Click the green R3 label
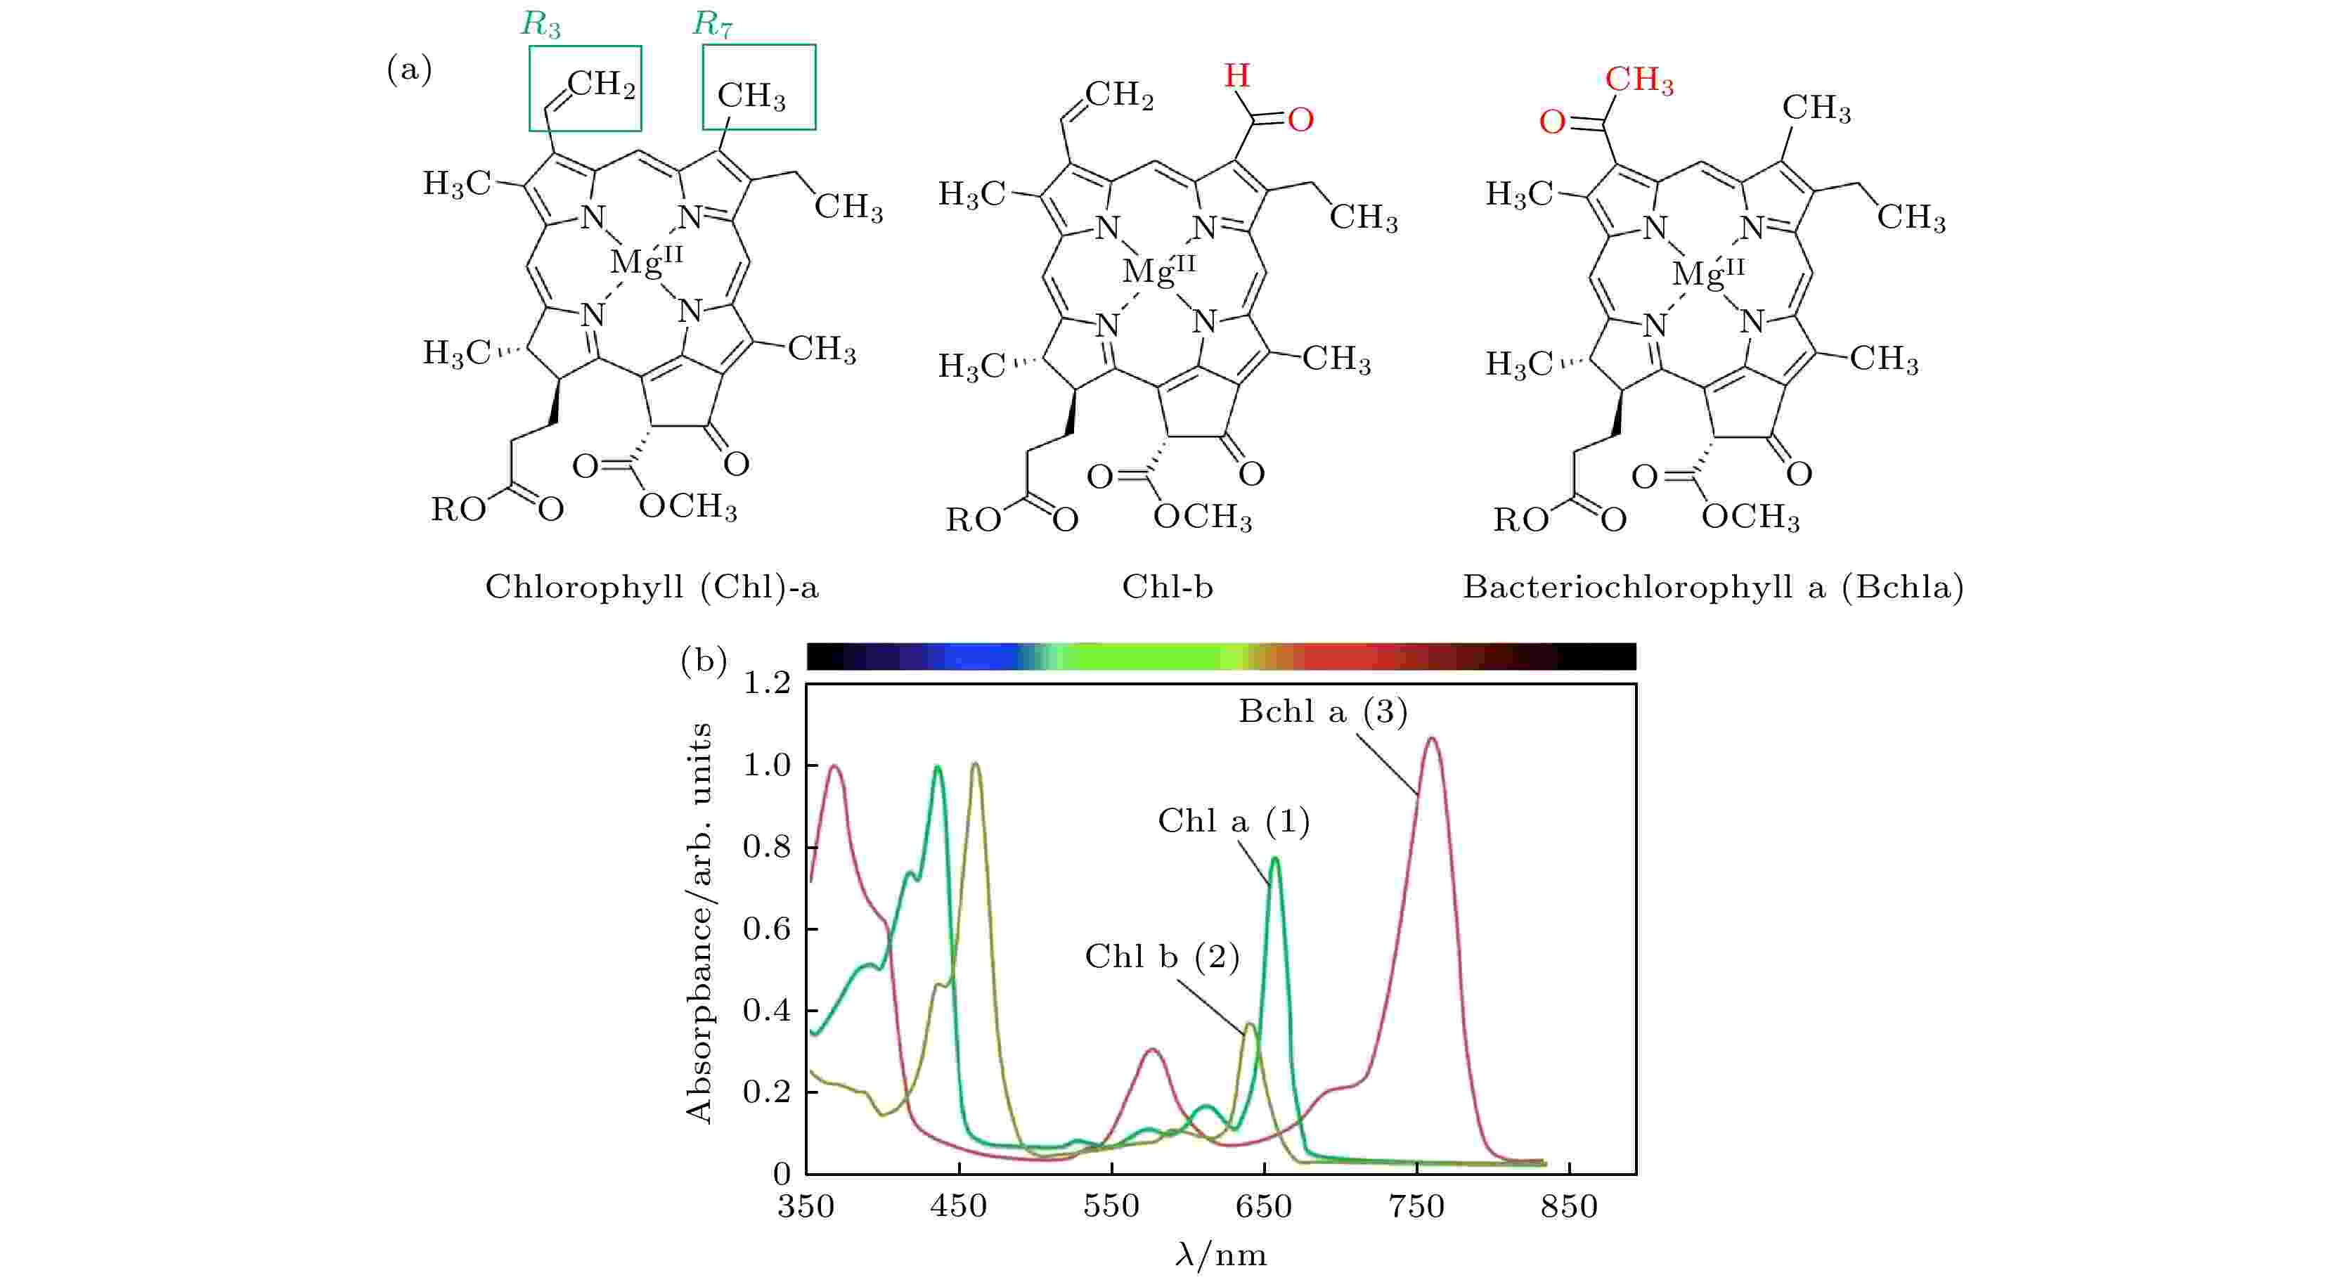(541, 25)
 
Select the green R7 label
(712, 25)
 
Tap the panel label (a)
(409, 70)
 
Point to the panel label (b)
(703, 660)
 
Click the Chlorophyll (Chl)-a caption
(652, 587)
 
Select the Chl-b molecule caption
(1167, 587)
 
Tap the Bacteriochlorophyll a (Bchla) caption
(1713, 587)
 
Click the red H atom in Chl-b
(1236, 75)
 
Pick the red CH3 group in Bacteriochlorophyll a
(1639, 80)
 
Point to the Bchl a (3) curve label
(1322, 711)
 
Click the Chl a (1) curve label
(1234, 821)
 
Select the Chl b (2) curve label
(1161, 956)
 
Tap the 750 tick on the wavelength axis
(1417, 1206)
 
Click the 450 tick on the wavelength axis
(959, 1206)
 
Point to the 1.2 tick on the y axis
(766, 683)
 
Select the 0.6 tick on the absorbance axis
(766, 929)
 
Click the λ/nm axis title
(1221, 1255)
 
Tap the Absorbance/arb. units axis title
(699, 922)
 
